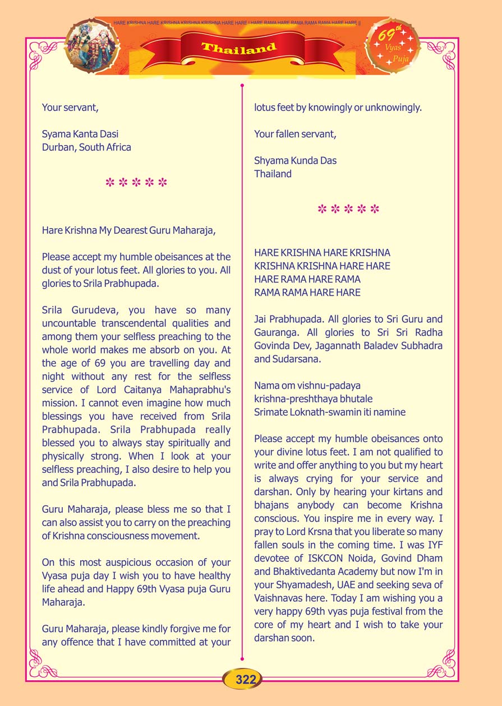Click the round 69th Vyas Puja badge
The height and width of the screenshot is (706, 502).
[x=393, y=45]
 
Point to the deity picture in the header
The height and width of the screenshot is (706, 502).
[x=93, y=45]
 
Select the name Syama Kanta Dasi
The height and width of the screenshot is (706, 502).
[x=80, y=134]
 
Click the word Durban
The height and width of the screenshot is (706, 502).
[x=58, y=147]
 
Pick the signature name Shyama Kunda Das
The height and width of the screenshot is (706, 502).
[x=295, y=160]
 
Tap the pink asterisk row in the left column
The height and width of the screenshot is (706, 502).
[x=136, y=183]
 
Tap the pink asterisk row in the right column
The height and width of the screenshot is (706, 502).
[x=348, y=210]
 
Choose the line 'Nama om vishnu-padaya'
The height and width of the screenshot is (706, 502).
[x=307, y=385]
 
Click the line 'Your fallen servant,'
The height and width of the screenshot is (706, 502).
[x=295, y=134]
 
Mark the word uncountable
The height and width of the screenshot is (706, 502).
[x=70, y=323]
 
